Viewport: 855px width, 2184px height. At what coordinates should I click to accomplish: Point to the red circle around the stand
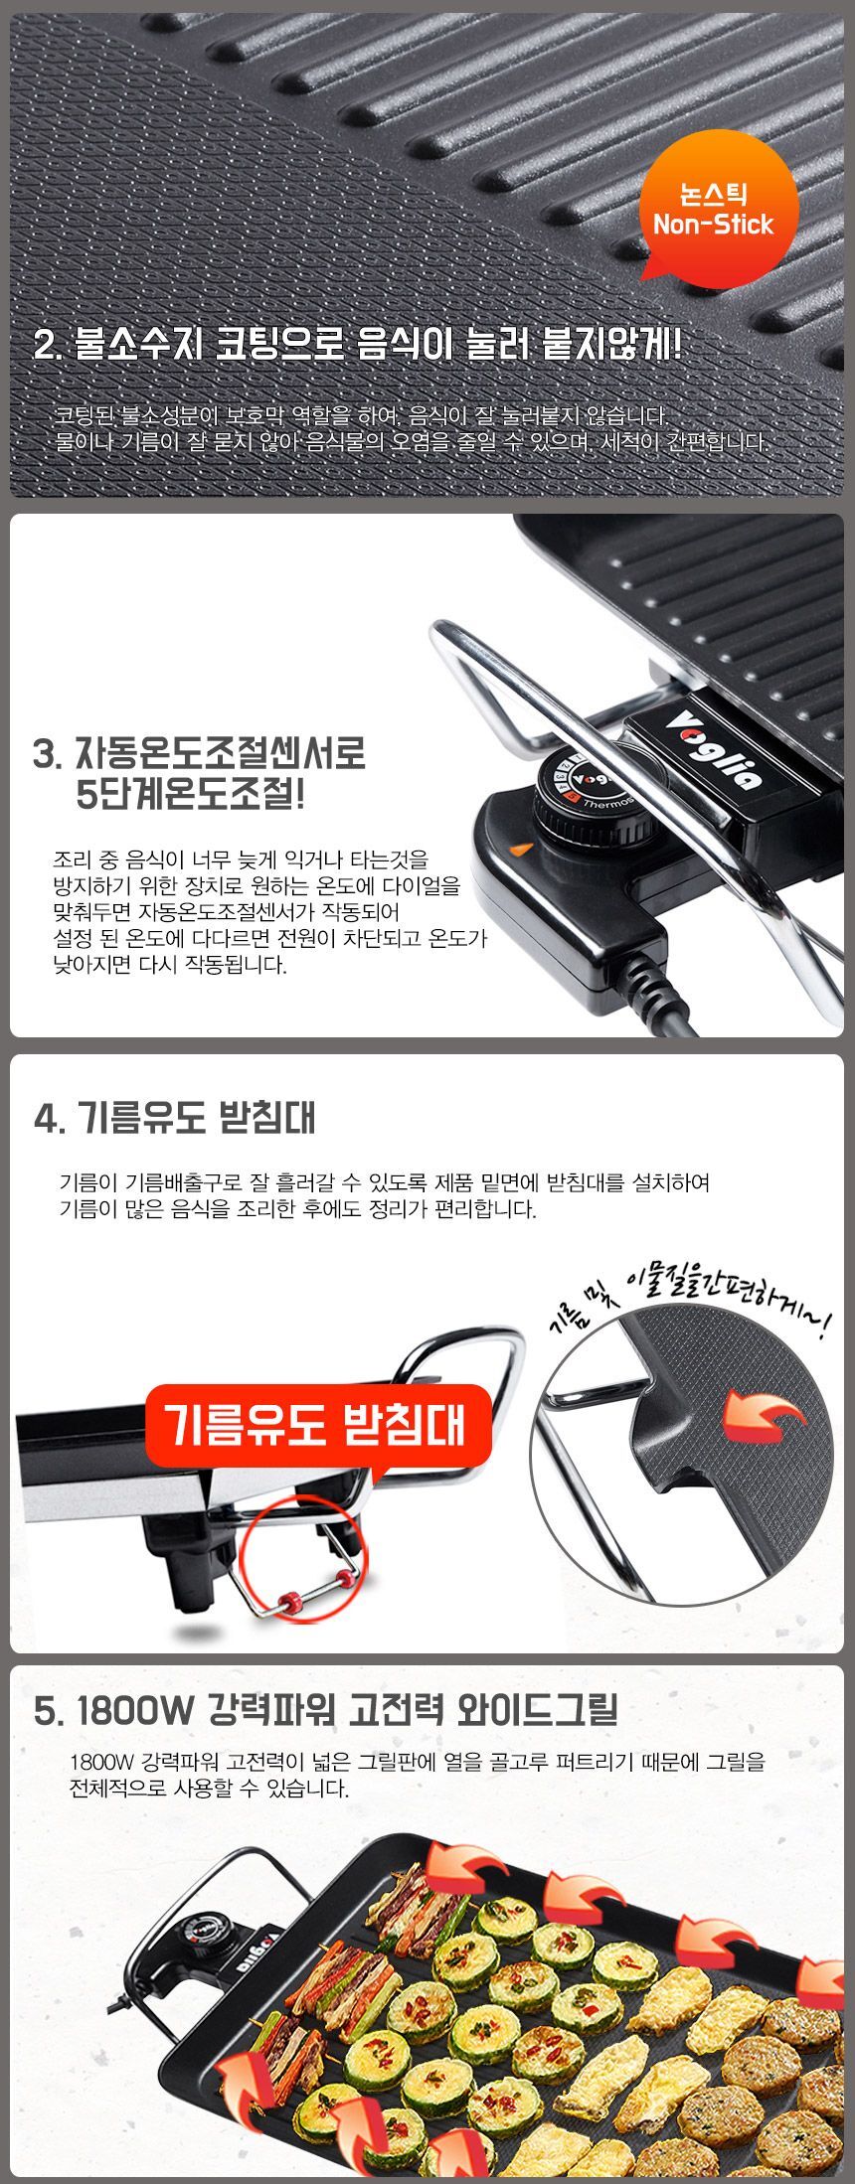coord(307,1560)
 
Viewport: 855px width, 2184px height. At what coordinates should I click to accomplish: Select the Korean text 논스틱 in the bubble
coord(713,193)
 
